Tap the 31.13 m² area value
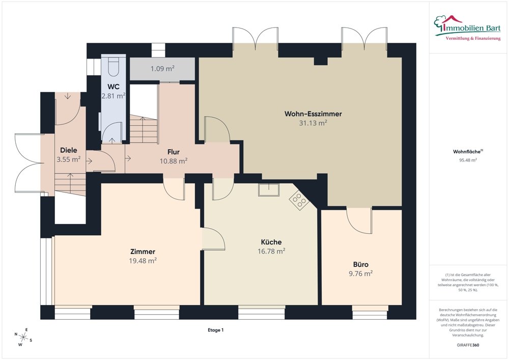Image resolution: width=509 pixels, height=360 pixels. tap(313, 123)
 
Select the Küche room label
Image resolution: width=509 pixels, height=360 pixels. tap(271, 242)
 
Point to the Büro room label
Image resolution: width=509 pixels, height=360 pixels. tap(360, 264)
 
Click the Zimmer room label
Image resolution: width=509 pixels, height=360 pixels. tap(143, 252)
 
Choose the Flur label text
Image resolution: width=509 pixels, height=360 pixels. tap(174, 152)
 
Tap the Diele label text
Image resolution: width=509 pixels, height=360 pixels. tap(69, 150)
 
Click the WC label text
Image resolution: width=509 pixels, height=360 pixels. tap(113, 87)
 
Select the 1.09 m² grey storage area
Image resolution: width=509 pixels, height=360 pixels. tap(162, 69)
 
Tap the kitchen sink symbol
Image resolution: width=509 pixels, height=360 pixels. tap(268, 190)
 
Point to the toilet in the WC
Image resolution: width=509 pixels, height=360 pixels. tap(113, 66)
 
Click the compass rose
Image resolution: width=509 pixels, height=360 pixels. tap(23, 336)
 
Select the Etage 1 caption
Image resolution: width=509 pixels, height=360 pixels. tap(215, 330)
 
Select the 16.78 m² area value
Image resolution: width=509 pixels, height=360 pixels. tap(271, 251)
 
